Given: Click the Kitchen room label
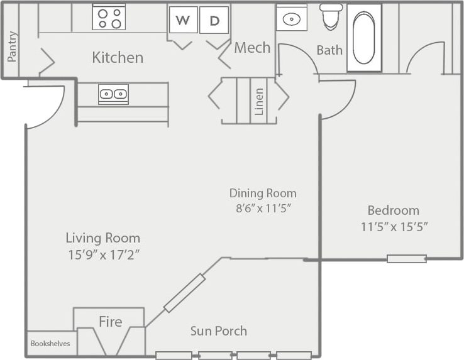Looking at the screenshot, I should [118, 58].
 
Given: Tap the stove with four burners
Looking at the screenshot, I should [109, 18].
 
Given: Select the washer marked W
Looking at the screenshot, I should [183, 20].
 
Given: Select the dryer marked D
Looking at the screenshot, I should [214, 20].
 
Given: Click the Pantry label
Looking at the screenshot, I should [13, 46].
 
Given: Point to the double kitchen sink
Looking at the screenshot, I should [113, 94].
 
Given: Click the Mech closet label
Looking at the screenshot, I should [252, 48].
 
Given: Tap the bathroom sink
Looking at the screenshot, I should [292, 18].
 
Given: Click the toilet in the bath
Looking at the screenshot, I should [331, 17].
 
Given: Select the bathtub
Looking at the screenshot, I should [365, 36].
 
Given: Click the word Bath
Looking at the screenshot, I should [329, 50].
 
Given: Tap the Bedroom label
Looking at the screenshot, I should [394, 210].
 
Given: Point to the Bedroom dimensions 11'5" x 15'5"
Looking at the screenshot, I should [394, 227].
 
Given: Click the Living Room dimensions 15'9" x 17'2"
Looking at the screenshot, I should [102, 254].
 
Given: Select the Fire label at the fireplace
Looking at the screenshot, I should [109, 322].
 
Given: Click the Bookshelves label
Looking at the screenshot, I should [50, 344].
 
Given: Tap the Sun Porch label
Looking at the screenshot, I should [219, 331].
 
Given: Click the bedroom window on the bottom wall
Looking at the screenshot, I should [407, 258].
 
